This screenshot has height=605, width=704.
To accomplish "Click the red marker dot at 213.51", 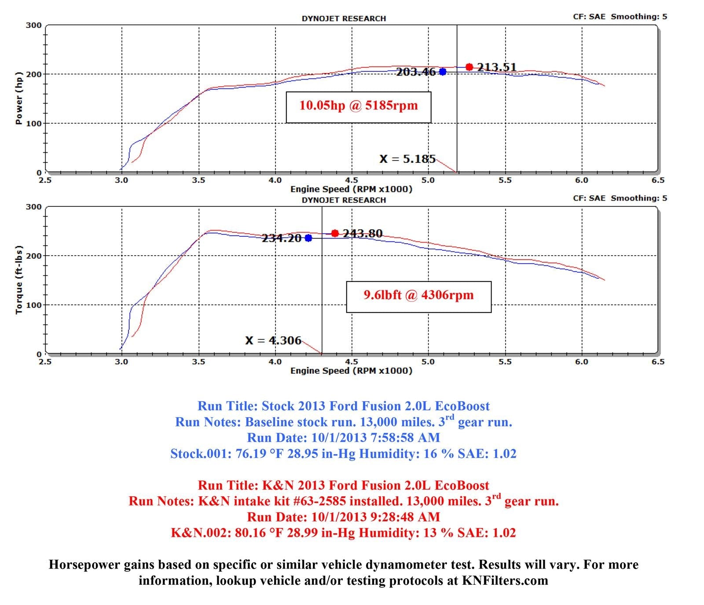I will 469,67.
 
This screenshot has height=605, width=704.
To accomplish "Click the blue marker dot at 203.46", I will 443,72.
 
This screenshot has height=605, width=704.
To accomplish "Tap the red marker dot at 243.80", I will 335,233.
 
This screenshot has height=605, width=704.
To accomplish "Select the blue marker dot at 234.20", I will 308,238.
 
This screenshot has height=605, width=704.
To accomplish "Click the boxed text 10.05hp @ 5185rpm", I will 358,106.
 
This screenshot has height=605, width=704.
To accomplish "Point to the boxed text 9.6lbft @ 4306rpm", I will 418,295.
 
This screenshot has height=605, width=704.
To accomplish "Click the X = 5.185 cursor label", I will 407,159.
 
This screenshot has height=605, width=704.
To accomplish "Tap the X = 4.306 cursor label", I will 273,341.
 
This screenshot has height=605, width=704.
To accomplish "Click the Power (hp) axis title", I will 18,98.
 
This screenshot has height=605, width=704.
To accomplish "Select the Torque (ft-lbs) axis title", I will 18,280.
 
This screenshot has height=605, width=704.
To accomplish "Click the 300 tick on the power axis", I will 33,26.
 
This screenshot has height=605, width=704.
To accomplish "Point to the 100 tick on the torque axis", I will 33,305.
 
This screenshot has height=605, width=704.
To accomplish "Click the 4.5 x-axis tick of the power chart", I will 352,180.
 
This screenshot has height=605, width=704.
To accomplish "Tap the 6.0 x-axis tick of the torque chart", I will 582,362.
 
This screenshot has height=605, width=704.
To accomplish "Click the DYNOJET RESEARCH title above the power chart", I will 344,18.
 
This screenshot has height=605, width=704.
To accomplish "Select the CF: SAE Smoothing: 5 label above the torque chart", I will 620,198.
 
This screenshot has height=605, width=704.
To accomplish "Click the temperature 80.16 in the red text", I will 250,533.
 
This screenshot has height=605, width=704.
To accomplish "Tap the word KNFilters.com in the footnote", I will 505,580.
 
